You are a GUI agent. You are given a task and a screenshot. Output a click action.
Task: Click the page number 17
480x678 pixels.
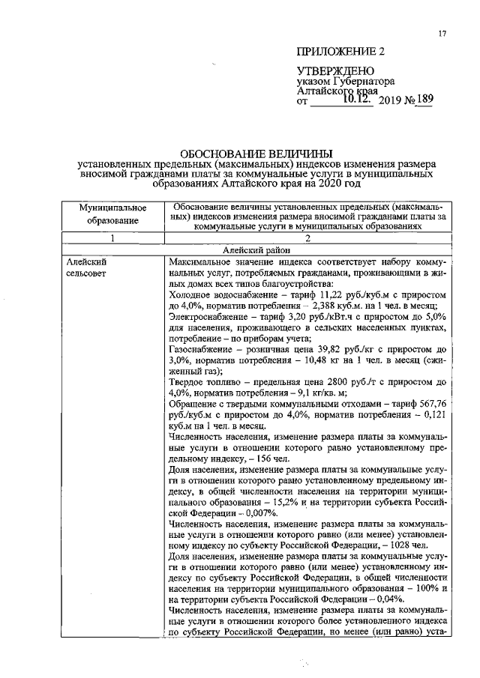pos(442,34)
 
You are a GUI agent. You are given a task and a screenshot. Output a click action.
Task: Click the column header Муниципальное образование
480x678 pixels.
pos(113,214)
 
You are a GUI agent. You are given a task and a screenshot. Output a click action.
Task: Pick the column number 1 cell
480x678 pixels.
pos(113,239)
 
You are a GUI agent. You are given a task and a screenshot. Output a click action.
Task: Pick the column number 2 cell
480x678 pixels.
pos(309,239)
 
